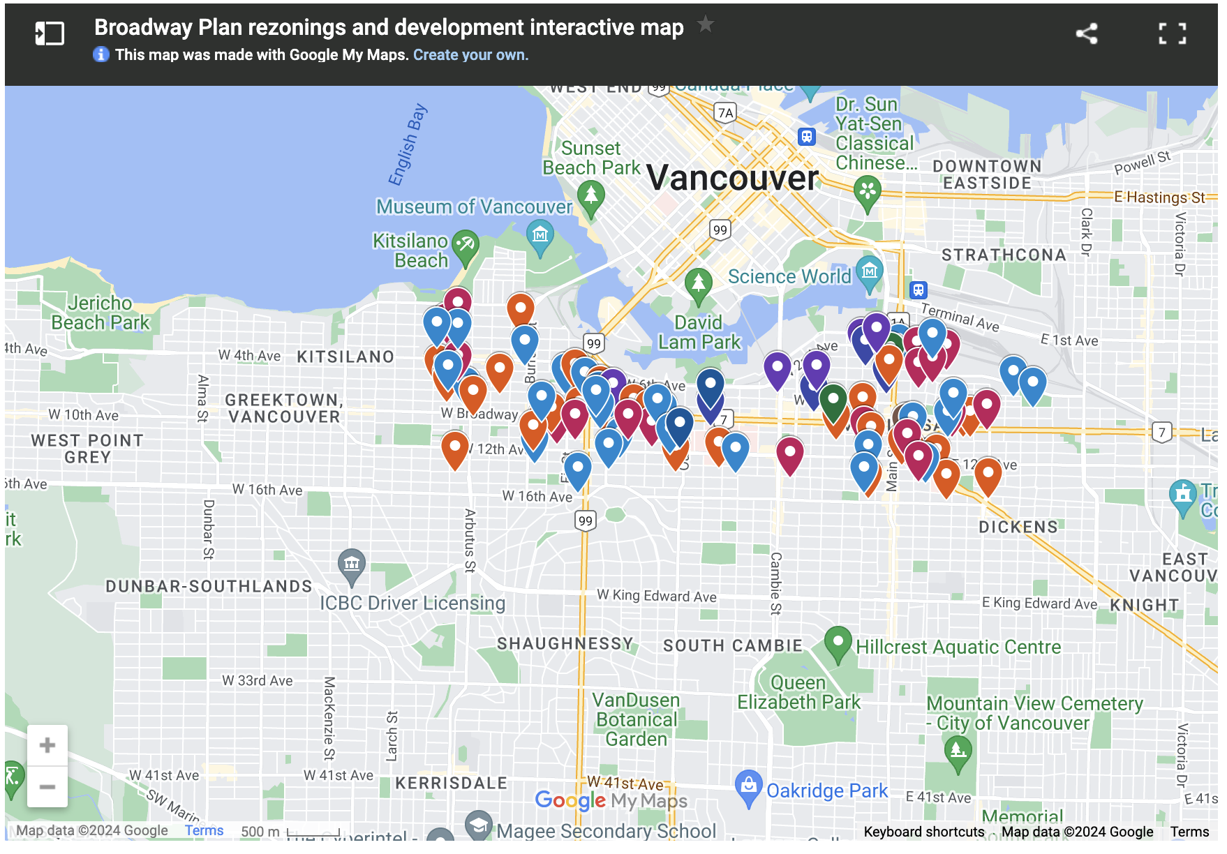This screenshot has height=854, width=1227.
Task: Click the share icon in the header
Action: coord(1086,33)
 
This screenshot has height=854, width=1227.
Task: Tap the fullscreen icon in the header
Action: coord(1173,33)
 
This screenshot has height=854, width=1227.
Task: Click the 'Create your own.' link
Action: coord(470,55)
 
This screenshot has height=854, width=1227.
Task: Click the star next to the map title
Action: coord(706,24)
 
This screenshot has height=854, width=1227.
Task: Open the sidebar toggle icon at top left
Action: coord(50,33)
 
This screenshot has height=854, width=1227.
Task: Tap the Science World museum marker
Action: coord(869,271)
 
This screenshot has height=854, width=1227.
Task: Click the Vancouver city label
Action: coord(732,178)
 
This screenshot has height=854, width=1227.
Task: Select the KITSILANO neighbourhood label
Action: coord(345,357)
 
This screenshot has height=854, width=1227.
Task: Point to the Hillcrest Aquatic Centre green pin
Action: coord(838,641)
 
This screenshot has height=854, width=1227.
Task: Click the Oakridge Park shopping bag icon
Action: coord(748,786)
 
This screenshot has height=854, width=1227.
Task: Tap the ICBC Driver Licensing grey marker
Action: coord(352,564)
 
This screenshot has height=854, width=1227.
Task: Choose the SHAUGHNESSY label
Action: coord(565,643)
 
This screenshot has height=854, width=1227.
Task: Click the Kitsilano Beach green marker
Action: coord(465,245)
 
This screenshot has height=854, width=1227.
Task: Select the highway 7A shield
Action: coord(726,113)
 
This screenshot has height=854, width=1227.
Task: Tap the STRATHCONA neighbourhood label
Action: coord(1004,255)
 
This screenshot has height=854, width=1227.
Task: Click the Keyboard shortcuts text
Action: coord(923,832)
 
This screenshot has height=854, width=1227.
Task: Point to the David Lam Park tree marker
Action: coord(698,283)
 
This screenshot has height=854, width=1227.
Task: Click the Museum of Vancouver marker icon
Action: coord(540,235)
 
